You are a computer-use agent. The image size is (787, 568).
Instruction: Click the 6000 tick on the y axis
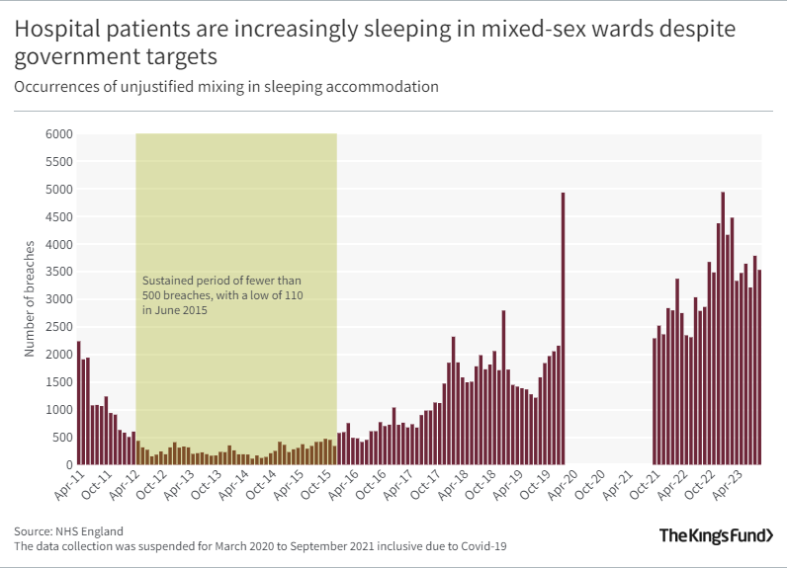point(58,134)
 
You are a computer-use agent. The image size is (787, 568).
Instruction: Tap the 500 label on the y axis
point(61,438)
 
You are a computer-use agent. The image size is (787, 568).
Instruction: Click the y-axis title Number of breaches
point(30,298)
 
